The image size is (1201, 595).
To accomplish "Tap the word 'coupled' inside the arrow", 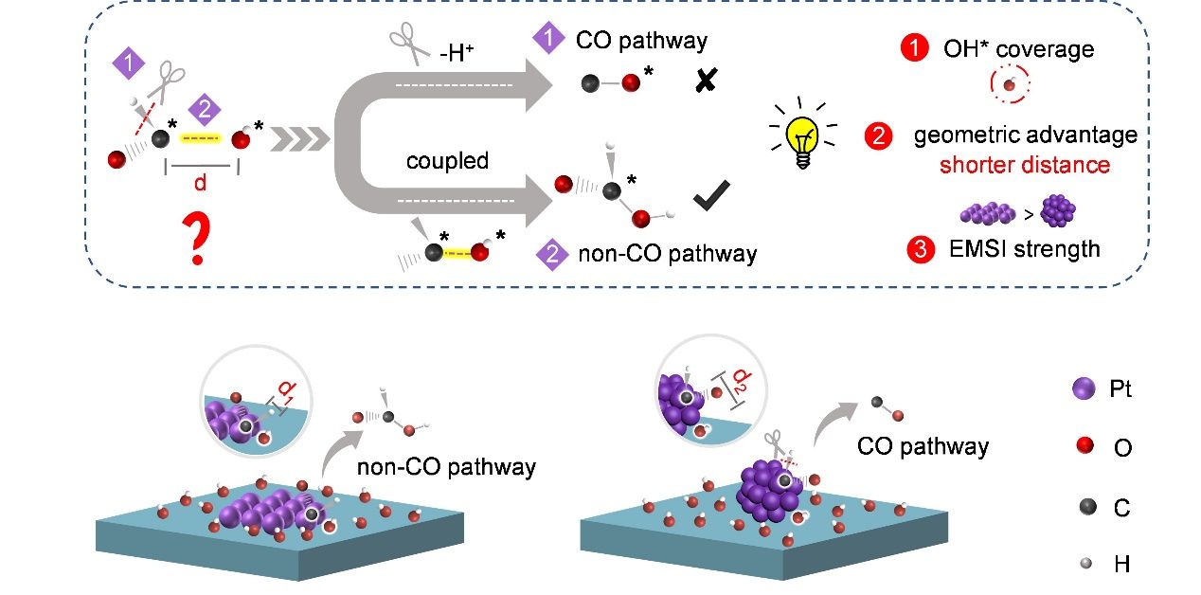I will [x=447, y=160].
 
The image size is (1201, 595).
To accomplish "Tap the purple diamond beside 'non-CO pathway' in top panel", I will [x=549, y=254].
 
